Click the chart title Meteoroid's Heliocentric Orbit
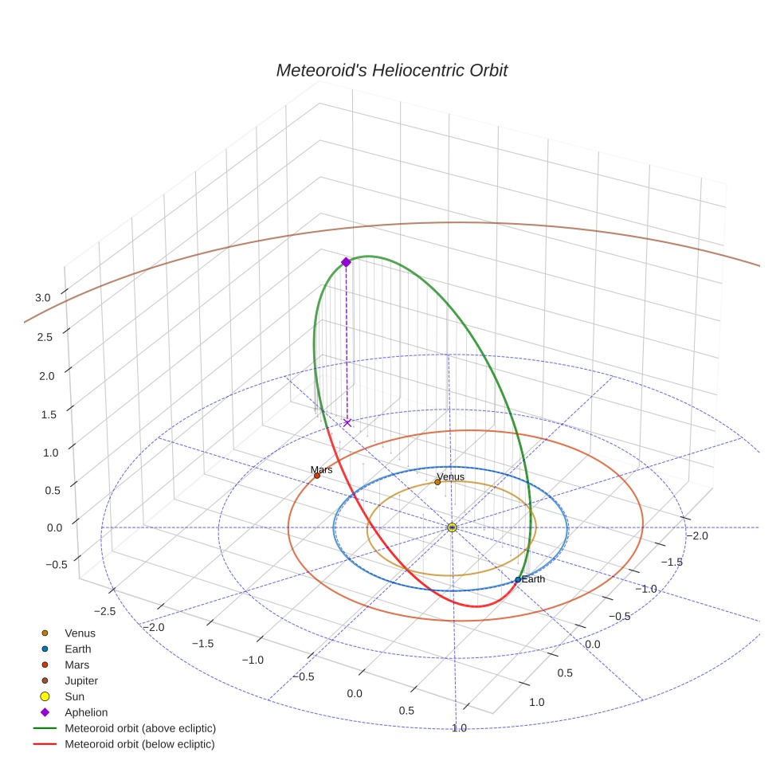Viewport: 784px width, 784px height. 391,70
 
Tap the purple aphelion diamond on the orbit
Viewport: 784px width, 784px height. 346,262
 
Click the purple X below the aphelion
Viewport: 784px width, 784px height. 347,422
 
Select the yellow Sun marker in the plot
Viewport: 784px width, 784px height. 452,527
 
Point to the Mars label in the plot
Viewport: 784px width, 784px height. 321,470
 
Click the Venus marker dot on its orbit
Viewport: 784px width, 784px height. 437,482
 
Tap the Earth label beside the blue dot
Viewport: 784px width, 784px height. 533,579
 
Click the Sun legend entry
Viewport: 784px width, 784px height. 74,696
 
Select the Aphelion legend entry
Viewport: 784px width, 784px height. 85,712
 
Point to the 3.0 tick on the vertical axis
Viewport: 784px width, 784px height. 43,297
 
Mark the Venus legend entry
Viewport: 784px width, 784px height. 80,633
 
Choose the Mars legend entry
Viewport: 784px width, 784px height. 76,664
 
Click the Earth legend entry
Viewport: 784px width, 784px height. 77,649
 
